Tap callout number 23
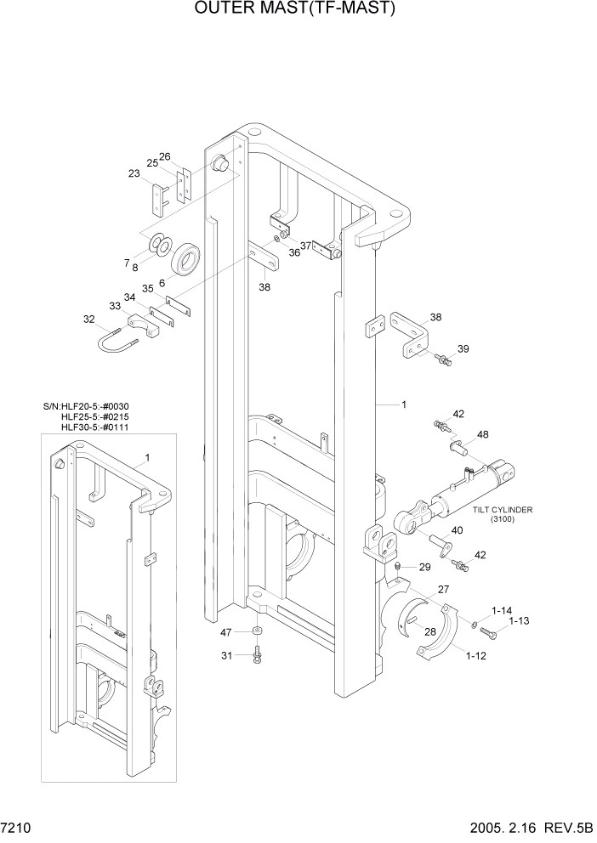pos(134,173)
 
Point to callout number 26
pos(165,156)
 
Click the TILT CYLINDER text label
pos(503,510)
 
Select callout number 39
pos(463,349)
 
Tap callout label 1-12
pos(477,655)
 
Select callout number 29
pos(424,567)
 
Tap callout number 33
pos(115,306)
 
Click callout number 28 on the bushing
pos(430,631)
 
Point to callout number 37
pos(305,246)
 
